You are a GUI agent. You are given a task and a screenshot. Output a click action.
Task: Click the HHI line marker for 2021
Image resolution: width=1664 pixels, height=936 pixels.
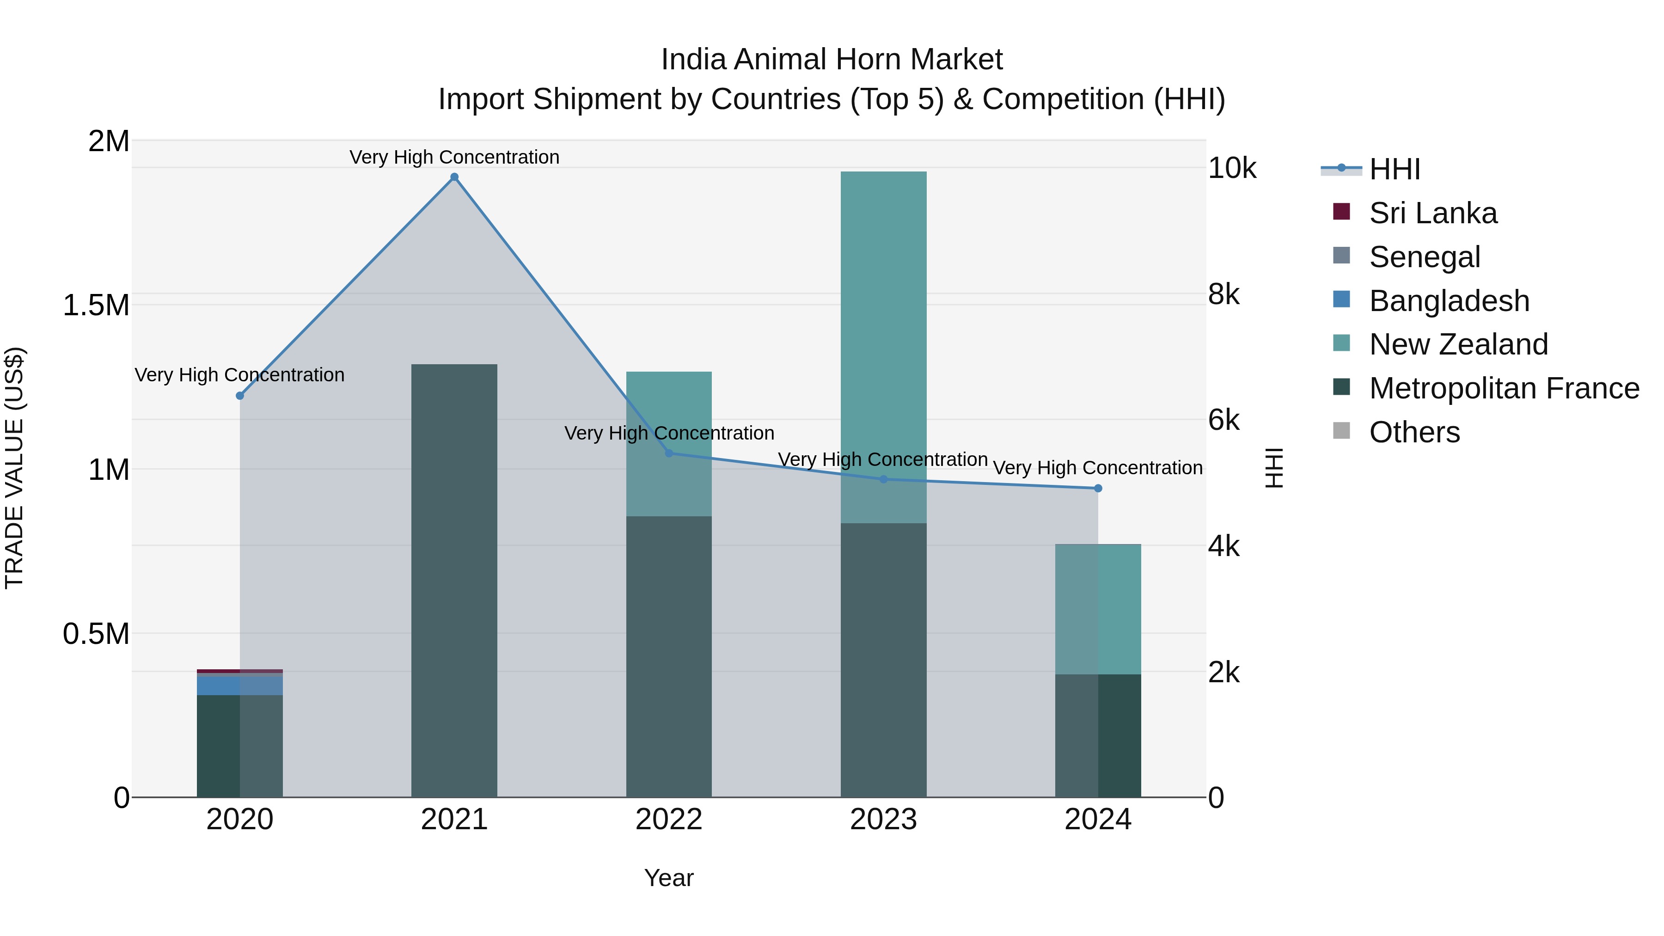click(454, 177)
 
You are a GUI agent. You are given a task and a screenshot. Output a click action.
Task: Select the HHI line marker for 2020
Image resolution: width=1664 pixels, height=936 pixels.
click(239, 395)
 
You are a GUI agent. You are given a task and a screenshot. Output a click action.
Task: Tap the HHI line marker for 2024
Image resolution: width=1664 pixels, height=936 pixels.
click(1097, 489)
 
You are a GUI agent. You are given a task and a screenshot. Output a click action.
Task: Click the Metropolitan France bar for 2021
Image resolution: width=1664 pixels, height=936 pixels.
click(454, 581)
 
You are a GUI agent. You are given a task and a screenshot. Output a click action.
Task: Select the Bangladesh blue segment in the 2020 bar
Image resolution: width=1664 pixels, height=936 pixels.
click(239, 685)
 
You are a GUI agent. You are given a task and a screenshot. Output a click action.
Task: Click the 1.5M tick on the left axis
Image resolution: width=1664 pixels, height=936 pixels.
click(96, 305)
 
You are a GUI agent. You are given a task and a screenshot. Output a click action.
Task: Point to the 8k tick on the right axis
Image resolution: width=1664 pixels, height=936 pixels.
click(1224, 294)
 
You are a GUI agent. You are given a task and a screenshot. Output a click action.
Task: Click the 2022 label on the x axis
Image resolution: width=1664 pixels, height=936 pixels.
click(668, 820)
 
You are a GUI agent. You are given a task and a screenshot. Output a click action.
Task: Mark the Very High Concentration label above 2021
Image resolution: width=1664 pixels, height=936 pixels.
click(454, 157)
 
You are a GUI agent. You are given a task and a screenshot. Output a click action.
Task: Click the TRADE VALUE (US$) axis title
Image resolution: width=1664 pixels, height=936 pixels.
click(14, 468)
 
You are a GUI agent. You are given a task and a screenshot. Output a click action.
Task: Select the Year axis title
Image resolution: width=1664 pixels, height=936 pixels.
click(668, 878)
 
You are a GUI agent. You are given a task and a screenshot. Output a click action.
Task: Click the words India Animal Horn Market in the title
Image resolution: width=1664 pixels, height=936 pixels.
click(832, 60)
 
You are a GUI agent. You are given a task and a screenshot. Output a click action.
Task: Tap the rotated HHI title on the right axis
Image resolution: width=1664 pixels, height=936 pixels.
click(1273, 468)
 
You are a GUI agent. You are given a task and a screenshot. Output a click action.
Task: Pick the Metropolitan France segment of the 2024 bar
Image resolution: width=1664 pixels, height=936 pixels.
click(1097, 736)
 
